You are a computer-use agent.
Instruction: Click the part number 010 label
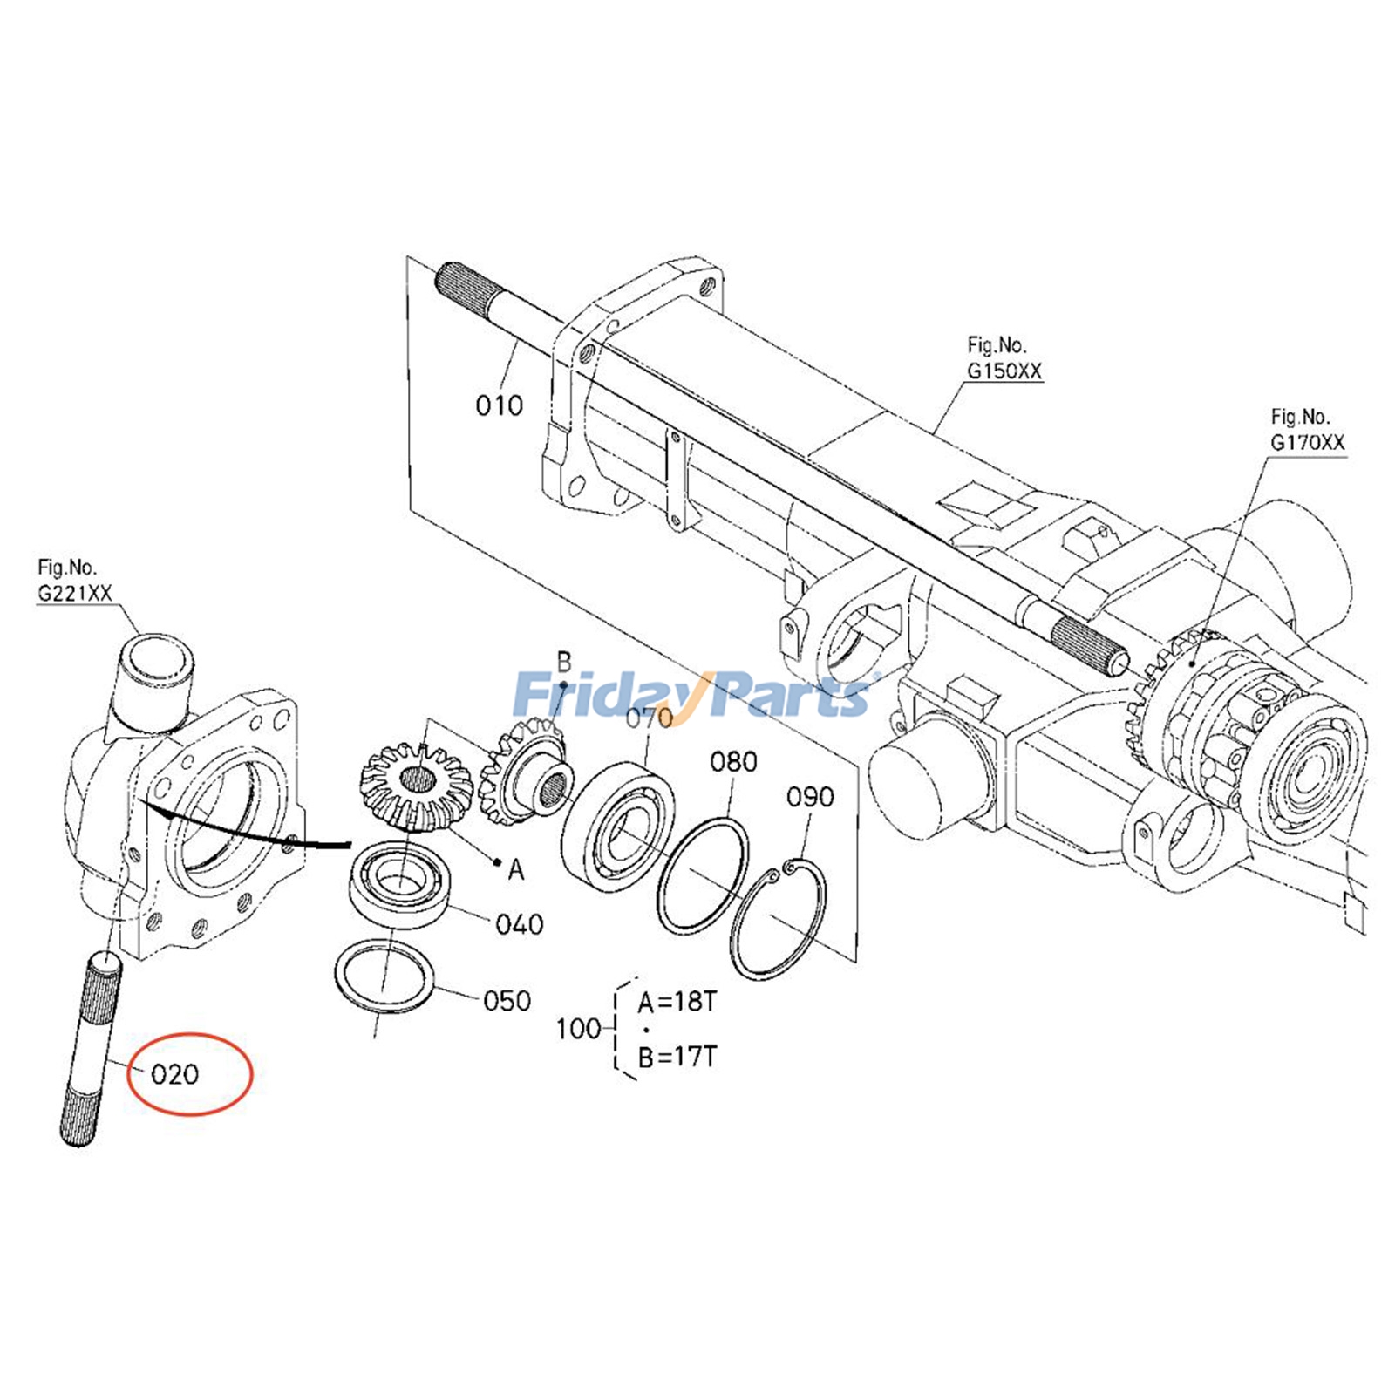click(499, 405)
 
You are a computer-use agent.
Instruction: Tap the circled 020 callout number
click(175, 1074)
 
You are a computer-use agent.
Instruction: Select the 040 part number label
click(519, 924)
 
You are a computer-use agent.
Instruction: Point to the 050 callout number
click(507, 1000)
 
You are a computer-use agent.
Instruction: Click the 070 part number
click(649, 718)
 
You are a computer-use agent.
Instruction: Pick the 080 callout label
click(733, 762)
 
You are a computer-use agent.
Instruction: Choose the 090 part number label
click(810, 797)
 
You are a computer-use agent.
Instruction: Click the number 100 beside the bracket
click(578, 1029)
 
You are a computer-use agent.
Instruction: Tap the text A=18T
click(677, 1002)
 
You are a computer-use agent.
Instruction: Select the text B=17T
click(677, 1057)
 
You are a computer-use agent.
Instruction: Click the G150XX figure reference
click(1004, 371)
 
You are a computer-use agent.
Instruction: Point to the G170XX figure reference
click(1307, 442)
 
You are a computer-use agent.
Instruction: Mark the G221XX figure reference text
click(75, 593)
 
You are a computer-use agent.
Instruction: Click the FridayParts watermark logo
click(693, 694)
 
